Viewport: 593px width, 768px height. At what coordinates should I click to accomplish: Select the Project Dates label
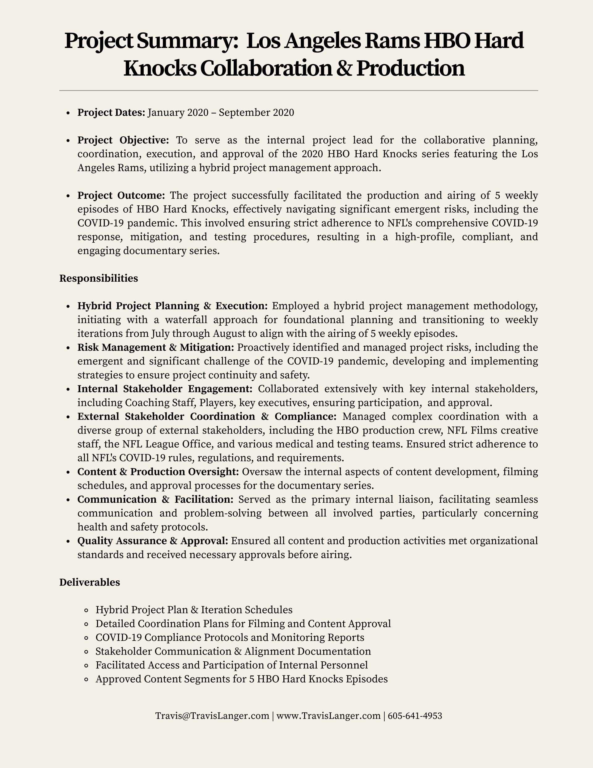tap(111, 113)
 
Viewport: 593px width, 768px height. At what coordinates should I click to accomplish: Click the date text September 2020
tap(256, 113)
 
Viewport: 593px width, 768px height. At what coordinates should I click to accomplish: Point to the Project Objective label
tap(123, 140)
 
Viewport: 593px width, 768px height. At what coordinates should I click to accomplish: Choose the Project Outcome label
tap(121, 195)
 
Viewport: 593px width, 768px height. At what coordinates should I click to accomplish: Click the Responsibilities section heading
tap(99, 278)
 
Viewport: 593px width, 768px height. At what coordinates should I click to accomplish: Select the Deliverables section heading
tap(89, 582)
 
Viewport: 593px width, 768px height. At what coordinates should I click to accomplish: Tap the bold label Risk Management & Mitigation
tap(155, 348)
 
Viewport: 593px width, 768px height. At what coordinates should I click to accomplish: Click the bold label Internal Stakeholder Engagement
tap(165, 389)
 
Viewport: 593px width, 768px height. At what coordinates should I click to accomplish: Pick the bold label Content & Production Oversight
tap(158, 471)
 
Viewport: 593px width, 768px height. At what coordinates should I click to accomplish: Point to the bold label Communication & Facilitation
tap(155, 499)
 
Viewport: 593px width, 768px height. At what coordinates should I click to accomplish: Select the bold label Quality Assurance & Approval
tap(153, 540)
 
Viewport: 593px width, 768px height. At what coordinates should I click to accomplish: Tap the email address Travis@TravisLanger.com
tap(212, 716)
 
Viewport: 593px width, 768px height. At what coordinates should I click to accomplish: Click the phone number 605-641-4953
tap(415, 716)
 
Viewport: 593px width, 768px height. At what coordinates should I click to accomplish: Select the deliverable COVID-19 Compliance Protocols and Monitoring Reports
tap(230, 637)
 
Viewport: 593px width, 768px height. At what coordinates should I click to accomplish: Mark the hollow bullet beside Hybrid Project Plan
tap(86, 610)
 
